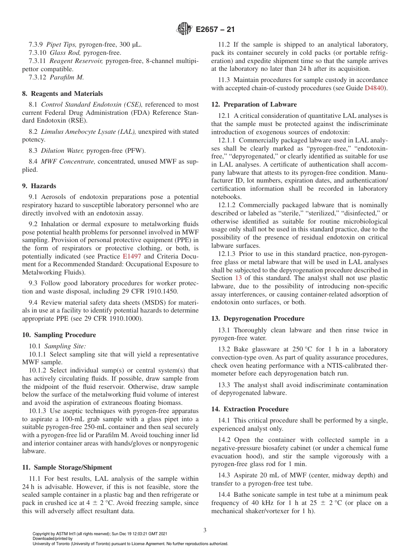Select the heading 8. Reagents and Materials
click(x=62, y=94)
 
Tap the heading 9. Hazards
click(x=39, y=186)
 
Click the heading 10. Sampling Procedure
click(x=59, y=335)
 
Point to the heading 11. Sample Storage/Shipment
click(x=67, y=467)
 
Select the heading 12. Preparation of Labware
click(x=254, y=104)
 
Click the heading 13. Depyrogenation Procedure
click(x=258, y=319)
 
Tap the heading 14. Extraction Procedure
click(x=250, y=409)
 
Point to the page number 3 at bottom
click(x=205, y=530)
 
